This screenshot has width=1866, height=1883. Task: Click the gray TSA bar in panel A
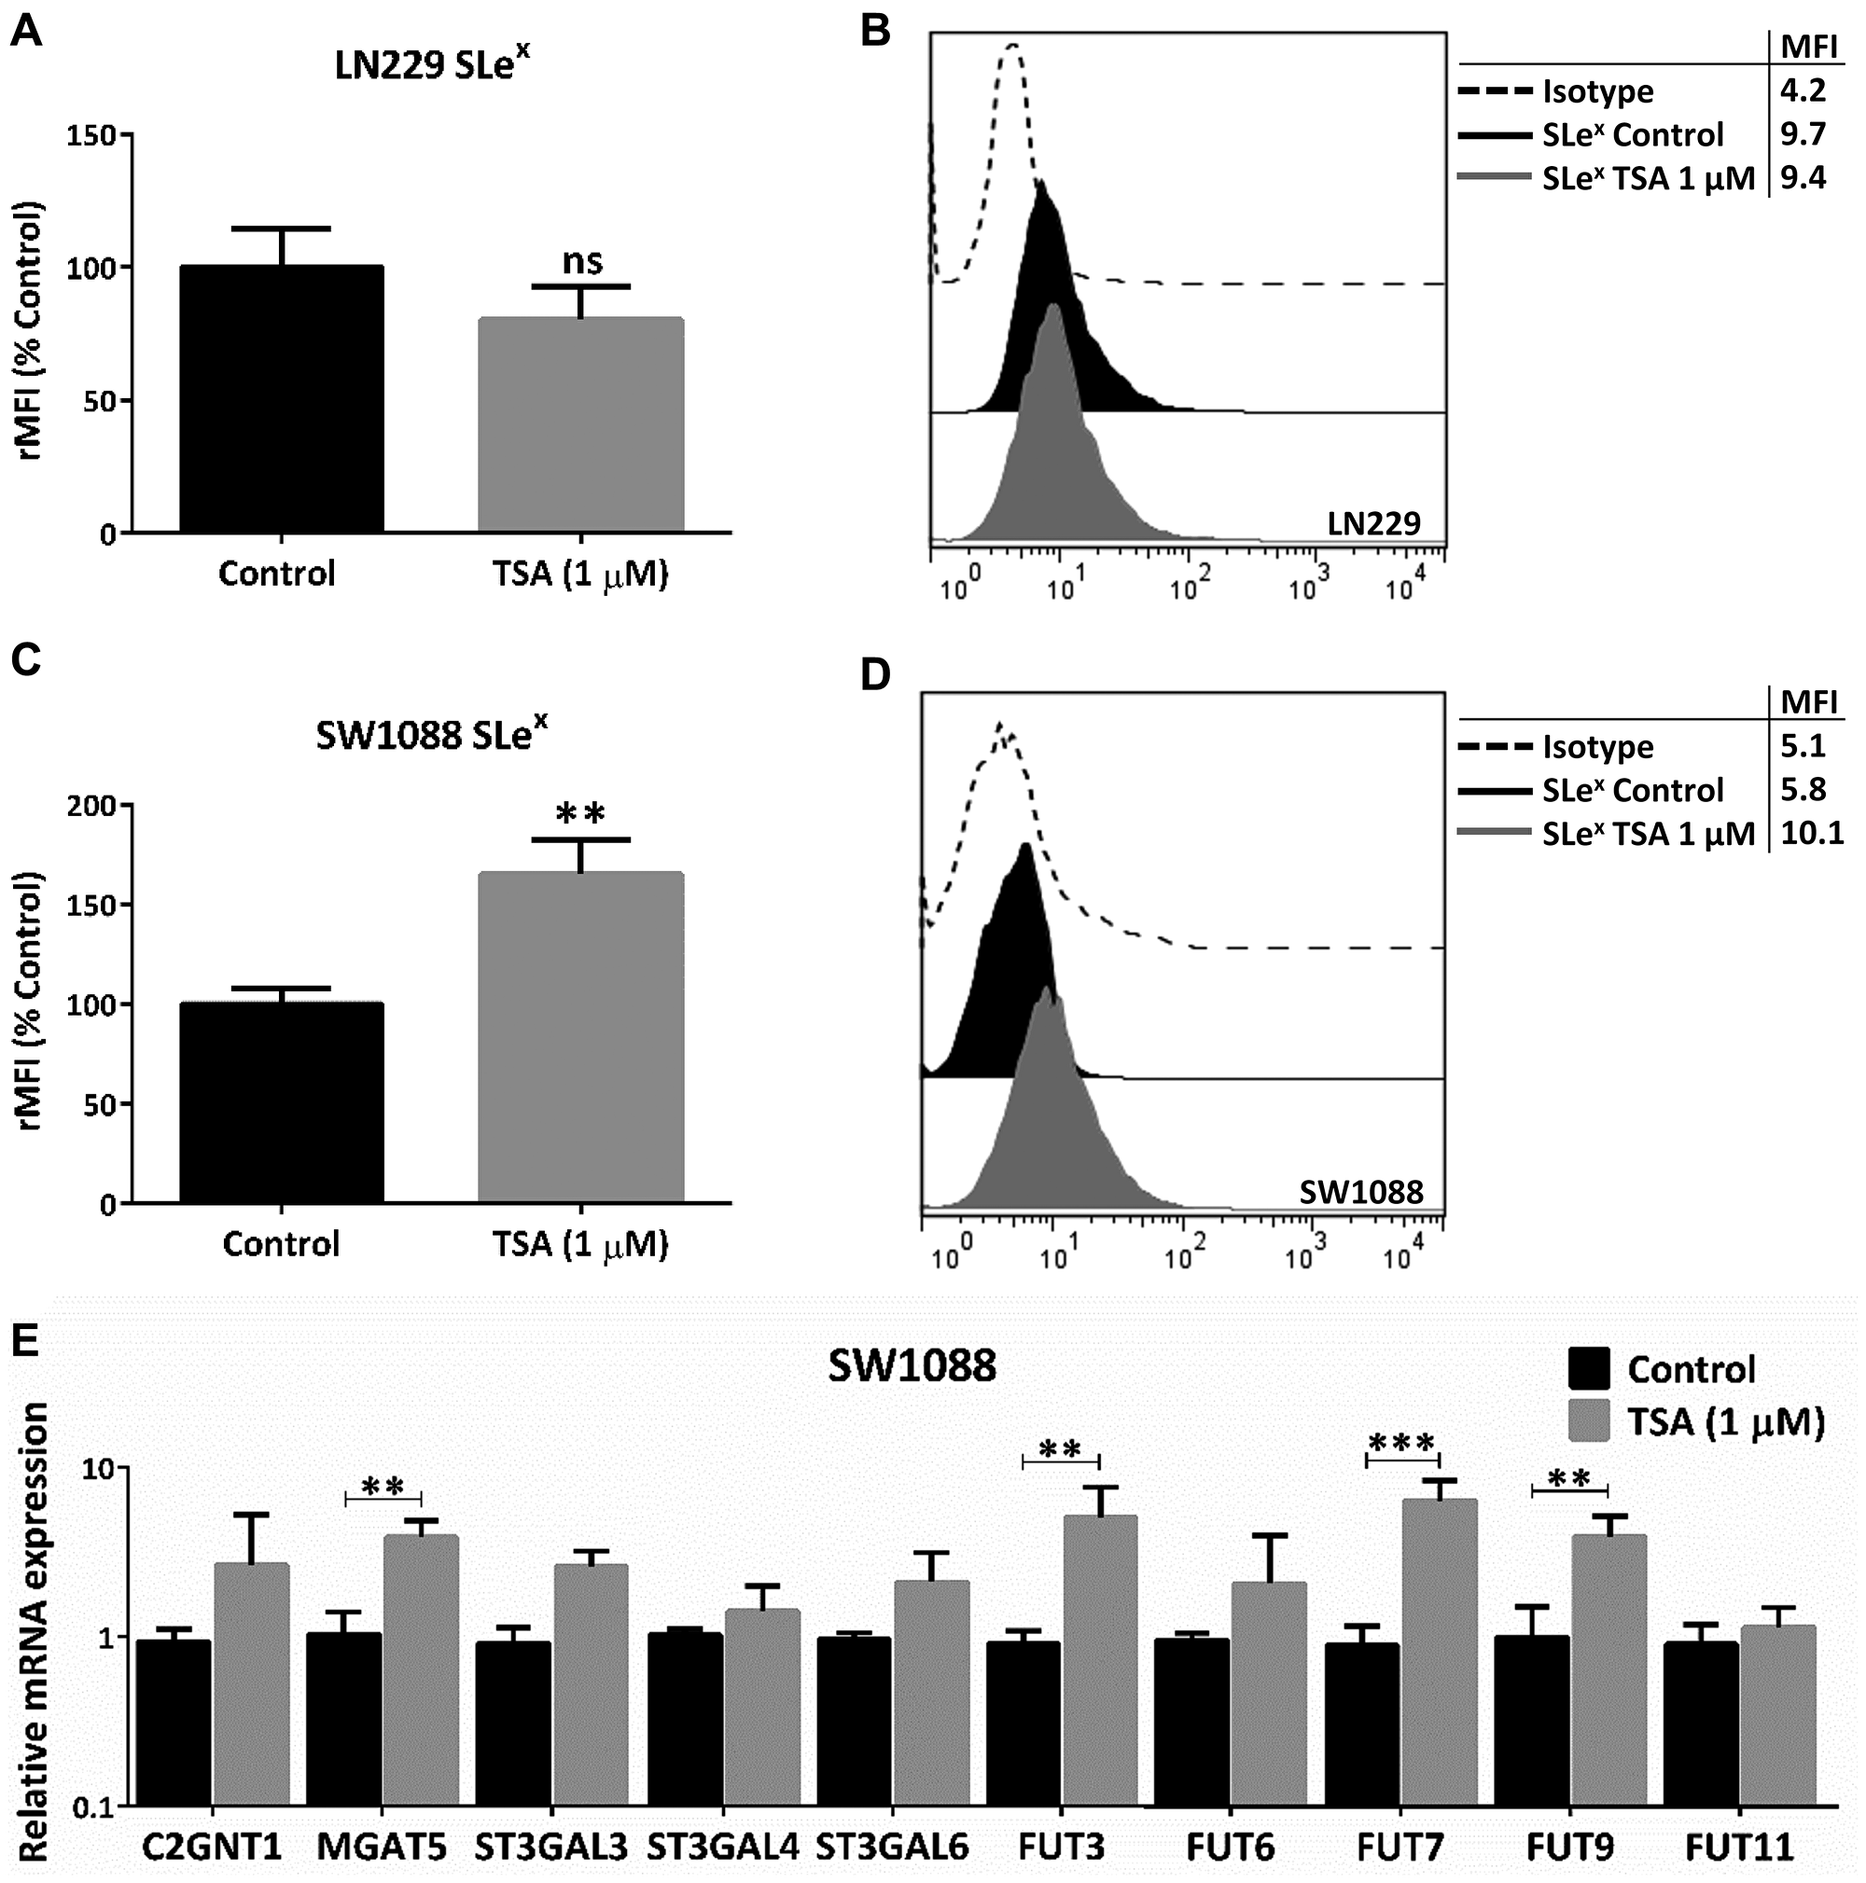tap(580, 425)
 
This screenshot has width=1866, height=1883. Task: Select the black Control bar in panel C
tap(281, 1102)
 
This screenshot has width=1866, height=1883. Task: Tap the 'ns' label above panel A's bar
tap(582, 261)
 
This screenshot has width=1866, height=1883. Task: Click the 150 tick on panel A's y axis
tap(91, 135)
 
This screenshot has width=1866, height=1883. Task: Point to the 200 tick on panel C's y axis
tap(91, 806)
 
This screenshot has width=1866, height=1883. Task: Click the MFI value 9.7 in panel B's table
tap(1803, 133)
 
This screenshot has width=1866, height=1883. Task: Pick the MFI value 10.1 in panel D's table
tap(1811, 832)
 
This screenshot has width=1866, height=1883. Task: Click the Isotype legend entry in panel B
tap(1597, 91)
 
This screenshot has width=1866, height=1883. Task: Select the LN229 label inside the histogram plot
tap(1373, 523)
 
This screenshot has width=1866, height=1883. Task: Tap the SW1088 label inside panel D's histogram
tap(1361, 1191)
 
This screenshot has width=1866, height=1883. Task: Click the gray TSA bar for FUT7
tap(1439, 1652)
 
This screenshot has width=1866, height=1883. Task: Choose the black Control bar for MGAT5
tap(343, 1719)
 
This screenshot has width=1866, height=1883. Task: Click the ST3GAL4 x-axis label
tap(722, 1847)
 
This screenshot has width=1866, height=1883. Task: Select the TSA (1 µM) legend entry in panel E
tap(1724, 1422)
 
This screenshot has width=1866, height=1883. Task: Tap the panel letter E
tap(25, 1340)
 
